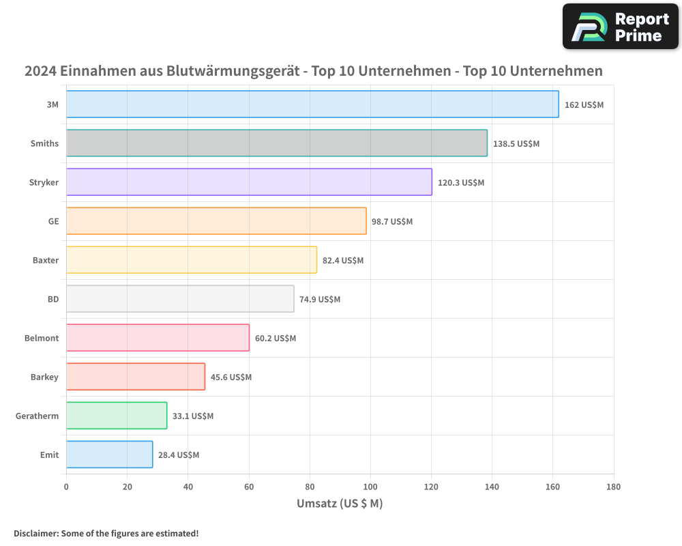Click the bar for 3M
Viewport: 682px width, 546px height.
click(x=312, y=104)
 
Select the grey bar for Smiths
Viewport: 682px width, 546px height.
click(x=277, y=143)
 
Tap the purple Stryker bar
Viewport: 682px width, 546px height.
click(x=249, y=182)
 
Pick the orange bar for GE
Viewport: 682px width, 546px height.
click(x=216, y=221)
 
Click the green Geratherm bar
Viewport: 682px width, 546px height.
click(x=117, y=416)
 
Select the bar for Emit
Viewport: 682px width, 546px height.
click(x=109, y=455)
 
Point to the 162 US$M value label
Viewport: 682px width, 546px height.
click(x=584, y=104)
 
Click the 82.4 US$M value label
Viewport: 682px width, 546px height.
click(x=343, y=260)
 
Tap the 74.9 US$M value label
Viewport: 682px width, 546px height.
click(x=320, y=299)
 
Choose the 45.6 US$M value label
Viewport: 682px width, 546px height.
click(x=231, y=377)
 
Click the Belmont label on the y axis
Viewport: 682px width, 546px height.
click(x=42, y=338)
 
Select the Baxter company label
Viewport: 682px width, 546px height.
click(x=46, y=260)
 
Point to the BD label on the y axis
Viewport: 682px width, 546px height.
click(x=53, y=299)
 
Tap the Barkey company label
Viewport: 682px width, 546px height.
click(x=44, y=377)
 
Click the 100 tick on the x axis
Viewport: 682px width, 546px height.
click(x=370, y=487)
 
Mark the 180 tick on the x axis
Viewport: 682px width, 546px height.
click(x=613, y=487)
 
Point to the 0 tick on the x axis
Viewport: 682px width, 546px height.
click(x=66, y=487)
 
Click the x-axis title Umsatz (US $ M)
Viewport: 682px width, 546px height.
click(x=340, y=504)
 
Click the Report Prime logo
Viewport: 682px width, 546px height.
click(x=621, y=27)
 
